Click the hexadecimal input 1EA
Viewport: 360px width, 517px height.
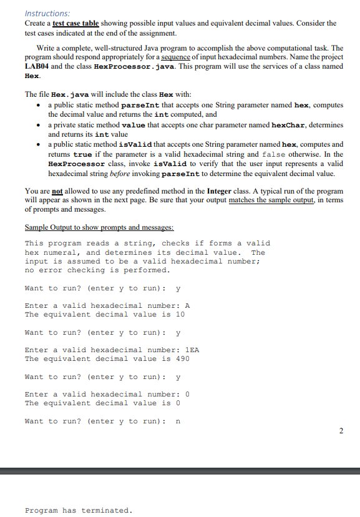click(191, 350)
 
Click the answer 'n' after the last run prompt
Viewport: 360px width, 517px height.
click(179, 421)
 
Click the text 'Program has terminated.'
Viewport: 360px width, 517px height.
click(78, 510)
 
